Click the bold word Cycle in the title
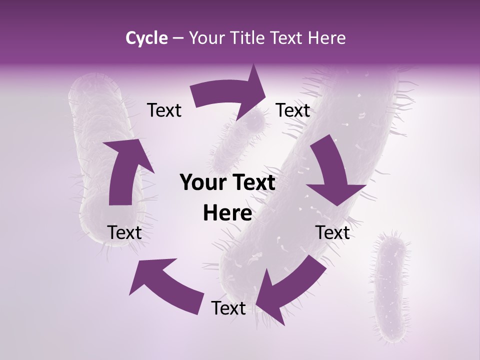(x=146, y=38)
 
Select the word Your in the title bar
(x=205, y=38)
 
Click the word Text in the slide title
(x=288, y=38)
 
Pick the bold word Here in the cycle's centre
(x=227, y=213)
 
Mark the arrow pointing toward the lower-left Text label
(x=165, y=285)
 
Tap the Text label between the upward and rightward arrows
(x=164, y=110)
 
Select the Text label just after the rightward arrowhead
(x=293, y=110)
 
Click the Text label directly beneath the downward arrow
(x=332, y=232)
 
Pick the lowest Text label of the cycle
(x=228, y=308)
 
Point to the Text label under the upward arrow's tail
(x=124, y=232)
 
